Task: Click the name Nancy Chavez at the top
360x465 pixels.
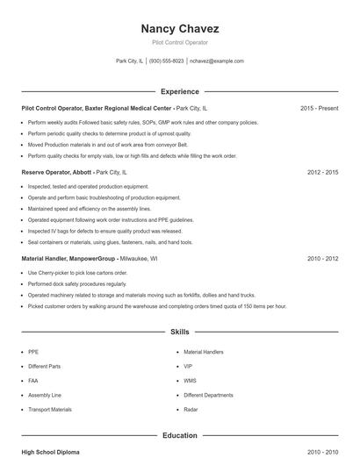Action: coord(179,28)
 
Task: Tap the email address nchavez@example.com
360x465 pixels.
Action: coord(217,61)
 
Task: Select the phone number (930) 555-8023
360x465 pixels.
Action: coord(166,61)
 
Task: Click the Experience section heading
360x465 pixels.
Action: coord(179,91)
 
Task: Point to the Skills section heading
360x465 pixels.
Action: coord(179,333)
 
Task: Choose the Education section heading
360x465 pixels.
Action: coord(179,435)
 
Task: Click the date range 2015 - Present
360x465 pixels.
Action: coord(319,108)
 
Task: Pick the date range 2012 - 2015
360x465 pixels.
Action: coord(322,173)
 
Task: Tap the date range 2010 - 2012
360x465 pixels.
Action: coord(322,260)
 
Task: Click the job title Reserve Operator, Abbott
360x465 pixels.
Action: coord(56,173)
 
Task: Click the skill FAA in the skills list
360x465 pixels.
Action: coord(33,381)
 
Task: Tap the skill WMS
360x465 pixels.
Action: coord(190,381)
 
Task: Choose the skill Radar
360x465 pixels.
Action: coord(191,409)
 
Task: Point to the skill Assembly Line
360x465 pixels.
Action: coord(44,395)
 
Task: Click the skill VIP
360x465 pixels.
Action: coord(188,367)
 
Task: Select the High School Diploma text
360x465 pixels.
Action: coord(50,452)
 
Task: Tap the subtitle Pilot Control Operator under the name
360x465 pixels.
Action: coord(179,42)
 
